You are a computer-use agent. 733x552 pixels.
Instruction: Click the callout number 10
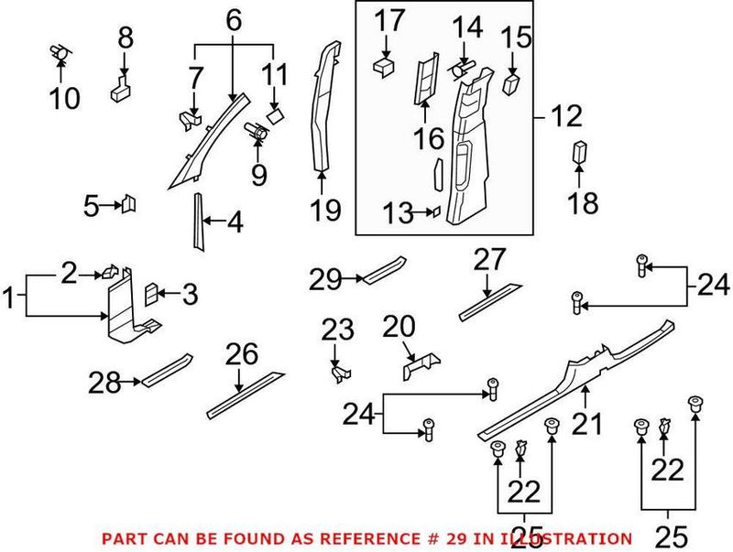click(64, 97)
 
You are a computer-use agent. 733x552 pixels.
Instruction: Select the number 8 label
click(126, 38)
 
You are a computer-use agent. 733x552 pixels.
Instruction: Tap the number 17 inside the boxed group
click(388, 18)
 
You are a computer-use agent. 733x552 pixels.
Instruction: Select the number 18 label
click(582, 203)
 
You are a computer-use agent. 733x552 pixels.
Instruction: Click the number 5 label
click(91, 206)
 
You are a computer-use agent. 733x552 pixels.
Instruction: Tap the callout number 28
click(105, 383)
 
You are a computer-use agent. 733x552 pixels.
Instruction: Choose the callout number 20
click(399, 326)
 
